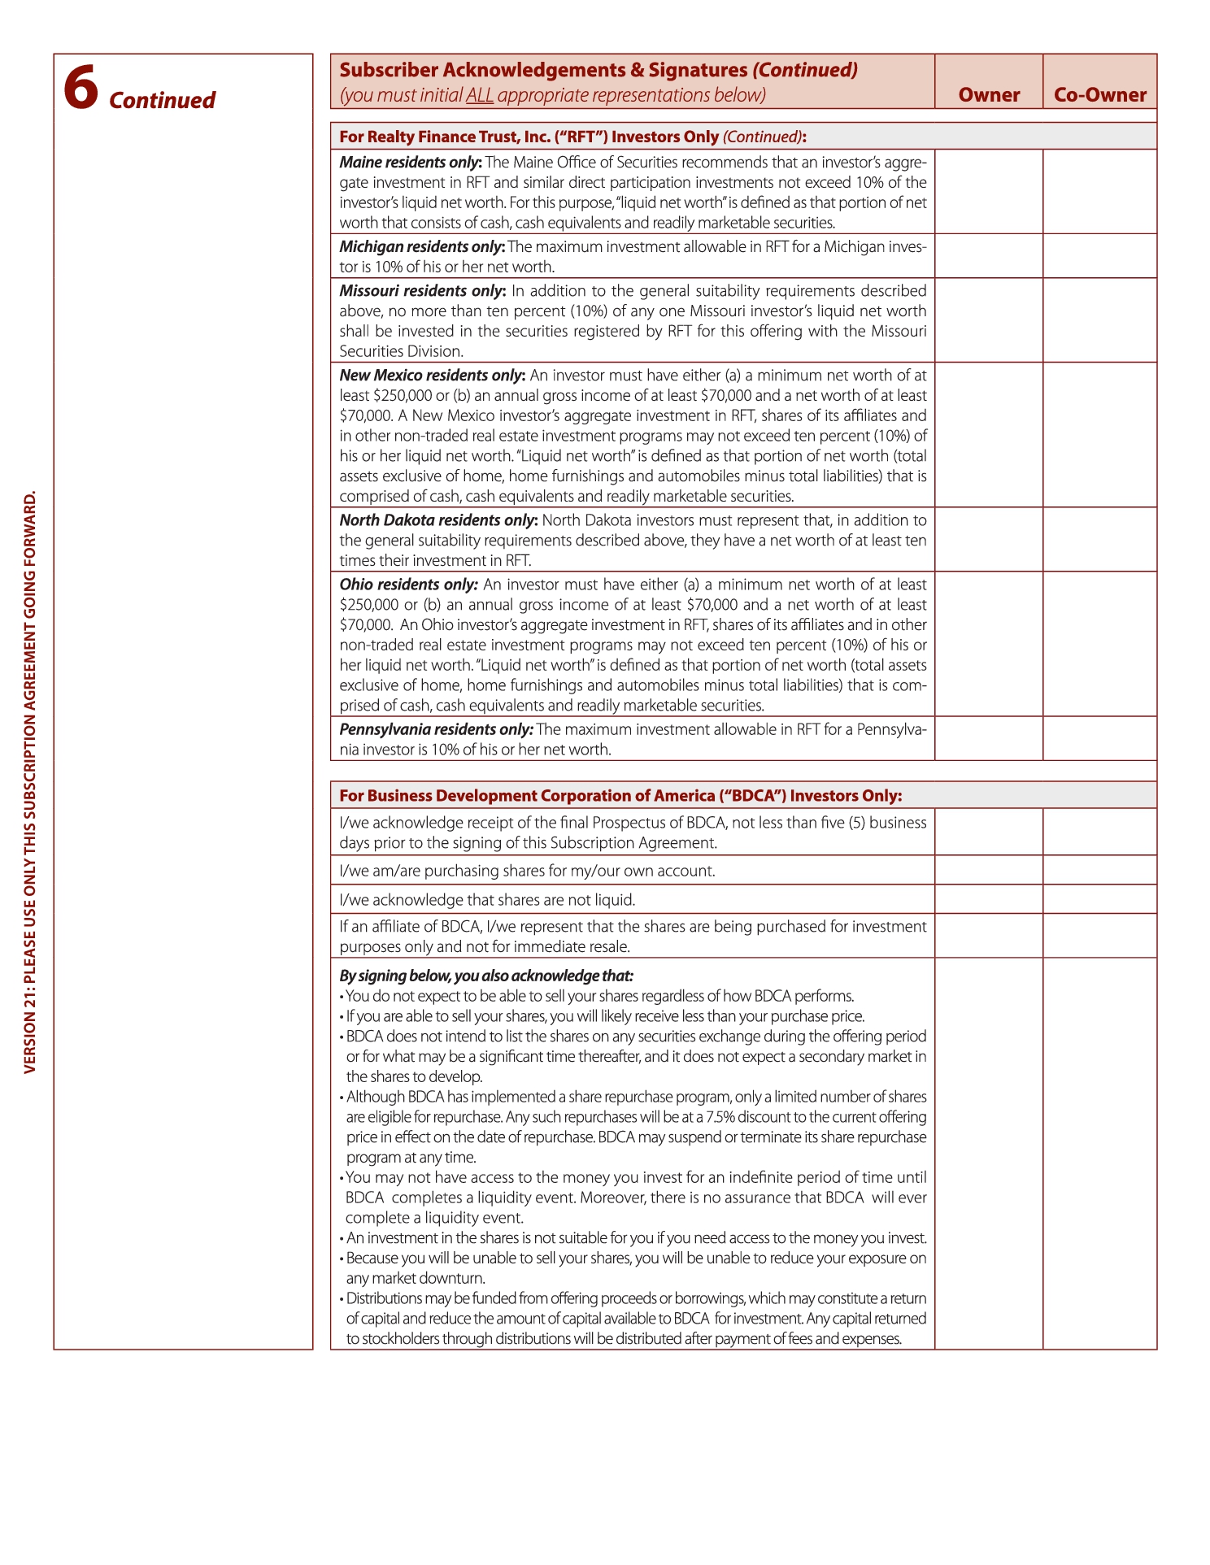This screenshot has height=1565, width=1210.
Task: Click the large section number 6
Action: click(81, 88)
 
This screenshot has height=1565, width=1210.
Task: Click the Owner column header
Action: click(989, 95)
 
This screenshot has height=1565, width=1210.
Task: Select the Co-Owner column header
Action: click(1099, 95)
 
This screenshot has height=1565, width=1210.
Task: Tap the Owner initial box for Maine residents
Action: click(989, 192)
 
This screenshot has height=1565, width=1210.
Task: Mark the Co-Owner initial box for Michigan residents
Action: click(1099, 256)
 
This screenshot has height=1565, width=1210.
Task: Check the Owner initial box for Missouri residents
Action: click(989, 320)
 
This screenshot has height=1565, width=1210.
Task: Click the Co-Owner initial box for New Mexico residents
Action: click(1099, 435)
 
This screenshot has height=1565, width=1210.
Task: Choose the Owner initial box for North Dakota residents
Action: click(989, 540)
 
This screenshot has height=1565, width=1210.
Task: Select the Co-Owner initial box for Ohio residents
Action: click(1099, 644)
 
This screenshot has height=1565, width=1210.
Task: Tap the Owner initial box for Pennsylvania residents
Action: click(989, 738)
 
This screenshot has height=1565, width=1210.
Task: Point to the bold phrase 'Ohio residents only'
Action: click(408, 585)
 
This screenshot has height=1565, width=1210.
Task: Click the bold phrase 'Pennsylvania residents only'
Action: click(436, 729)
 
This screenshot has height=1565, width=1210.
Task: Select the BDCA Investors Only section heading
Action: click(620, 795)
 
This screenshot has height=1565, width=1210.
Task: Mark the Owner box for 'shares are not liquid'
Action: click(989, 899)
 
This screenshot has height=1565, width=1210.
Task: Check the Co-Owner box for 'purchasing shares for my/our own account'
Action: click(1099, 870)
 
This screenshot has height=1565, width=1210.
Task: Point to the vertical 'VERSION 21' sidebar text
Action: click(30, 782)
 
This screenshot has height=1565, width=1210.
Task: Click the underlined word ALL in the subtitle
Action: click(480, 95)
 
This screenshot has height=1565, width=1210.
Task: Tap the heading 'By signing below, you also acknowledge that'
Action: click(485, 976)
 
